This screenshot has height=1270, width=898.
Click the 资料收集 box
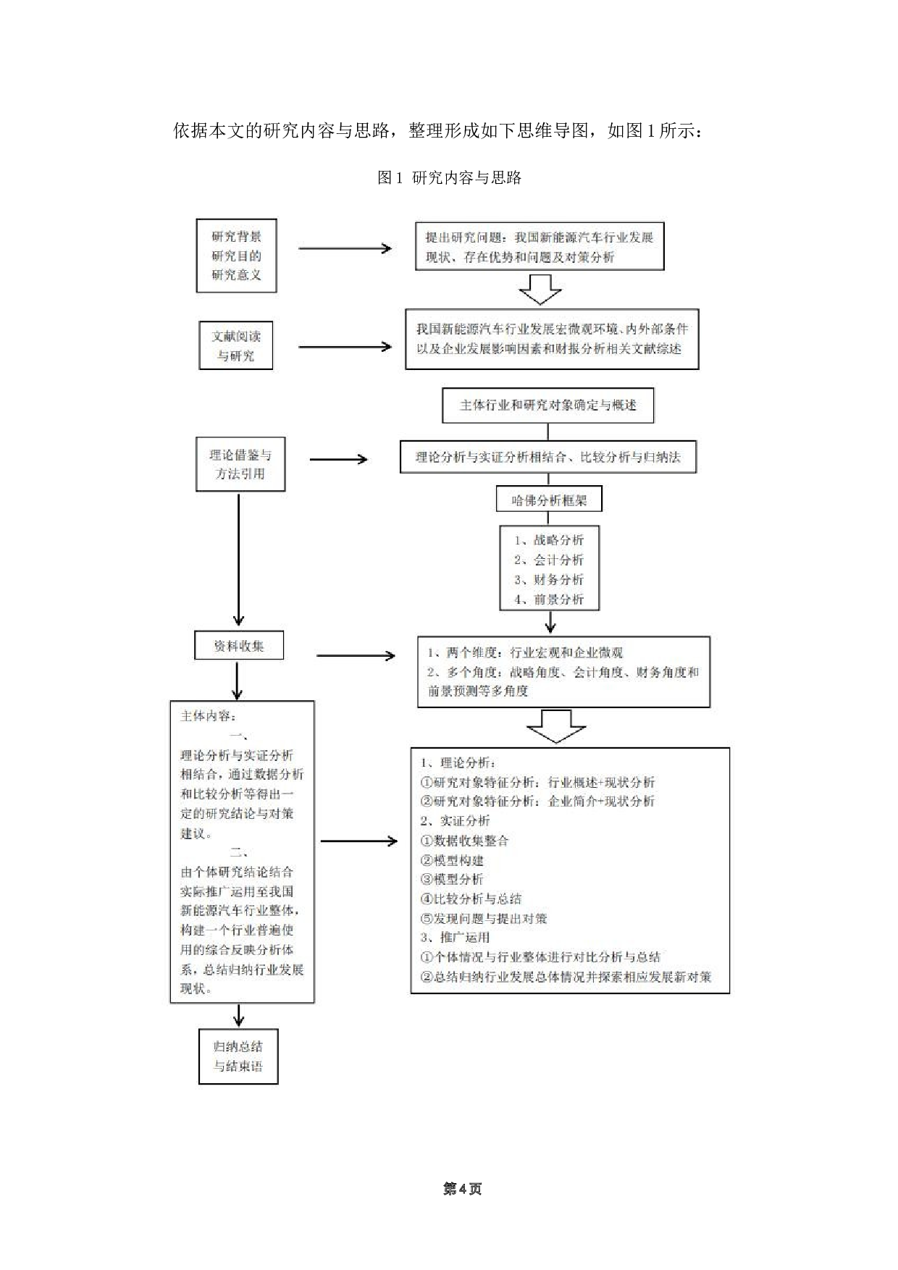tap(238, 645)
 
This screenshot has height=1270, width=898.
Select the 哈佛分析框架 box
tap(548, 500)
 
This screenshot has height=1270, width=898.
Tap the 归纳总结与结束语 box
tap(238, 1056)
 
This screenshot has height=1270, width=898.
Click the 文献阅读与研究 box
tap(236, 346)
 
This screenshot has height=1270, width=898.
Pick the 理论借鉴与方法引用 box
tap(240, 464)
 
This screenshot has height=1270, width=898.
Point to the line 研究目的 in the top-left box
tap(236, 256)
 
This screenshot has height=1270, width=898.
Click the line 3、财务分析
tap(549, 579)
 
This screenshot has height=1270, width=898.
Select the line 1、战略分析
tap(549, 540)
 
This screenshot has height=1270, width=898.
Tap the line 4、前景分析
tap(549, 599)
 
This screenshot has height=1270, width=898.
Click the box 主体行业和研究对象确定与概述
tap(547, 405)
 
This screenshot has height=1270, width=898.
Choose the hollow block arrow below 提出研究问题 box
tap(540, 289)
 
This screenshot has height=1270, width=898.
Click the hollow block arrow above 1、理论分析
tap(555, 726)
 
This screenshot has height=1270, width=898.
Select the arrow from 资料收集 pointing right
tap(356, 656)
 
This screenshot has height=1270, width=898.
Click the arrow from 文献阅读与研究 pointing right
tap(345, 347)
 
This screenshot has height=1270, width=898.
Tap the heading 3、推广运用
tap(455, 937)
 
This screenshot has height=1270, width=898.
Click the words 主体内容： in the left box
tap(208, 716)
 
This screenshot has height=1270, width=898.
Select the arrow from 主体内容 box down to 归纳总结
tap(238, 1015)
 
